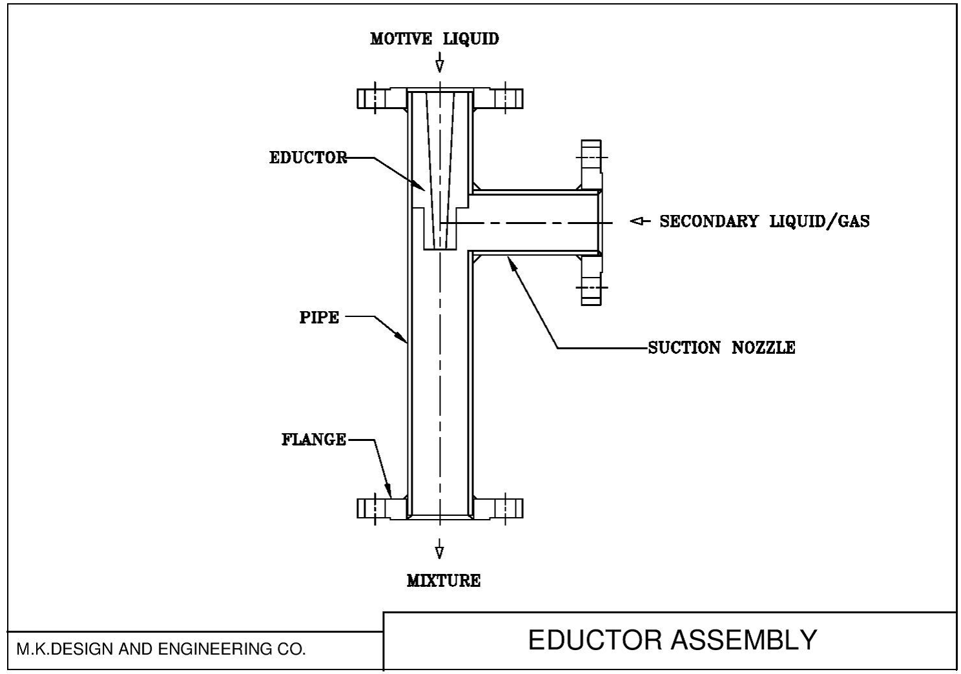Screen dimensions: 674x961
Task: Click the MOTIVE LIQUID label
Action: click(x=434, y=39)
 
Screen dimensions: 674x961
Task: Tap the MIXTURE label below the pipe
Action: click(x=444, y=580)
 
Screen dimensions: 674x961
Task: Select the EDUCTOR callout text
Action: click(x=308, y=158)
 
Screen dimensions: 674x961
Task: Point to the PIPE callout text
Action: click(x=319, y=317)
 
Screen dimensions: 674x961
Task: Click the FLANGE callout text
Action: click(x=314, y=440)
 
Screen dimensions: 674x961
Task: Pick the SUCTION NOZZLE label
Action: click(x=721, y=347)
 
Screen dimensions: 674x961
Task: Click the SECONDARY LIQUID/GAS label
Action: click(x=764, y=221)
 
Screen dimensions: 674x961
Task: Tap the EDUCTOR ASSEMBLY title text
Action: click(x=672, y=640)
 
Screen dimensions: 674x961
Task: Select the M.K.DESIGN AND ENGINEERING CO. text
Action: click(x=161, y=649)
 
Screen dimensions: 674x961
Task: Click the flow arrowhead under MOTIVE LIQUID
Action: click(x=439, y=65)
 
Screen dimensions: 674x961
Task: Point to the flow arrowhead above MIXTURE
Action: click(x=439, y=552)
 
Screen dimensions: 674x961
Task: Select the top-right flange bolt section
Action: click(x=506, y=98)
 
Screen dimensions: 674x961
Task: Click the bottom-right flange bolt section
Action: click(x=506, y=509)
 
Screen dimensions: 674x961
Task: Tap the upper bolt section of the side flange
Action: click(x=591, y=157)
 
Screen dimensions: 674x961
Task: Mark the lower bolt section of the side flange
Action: click(x=591, y=286)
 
